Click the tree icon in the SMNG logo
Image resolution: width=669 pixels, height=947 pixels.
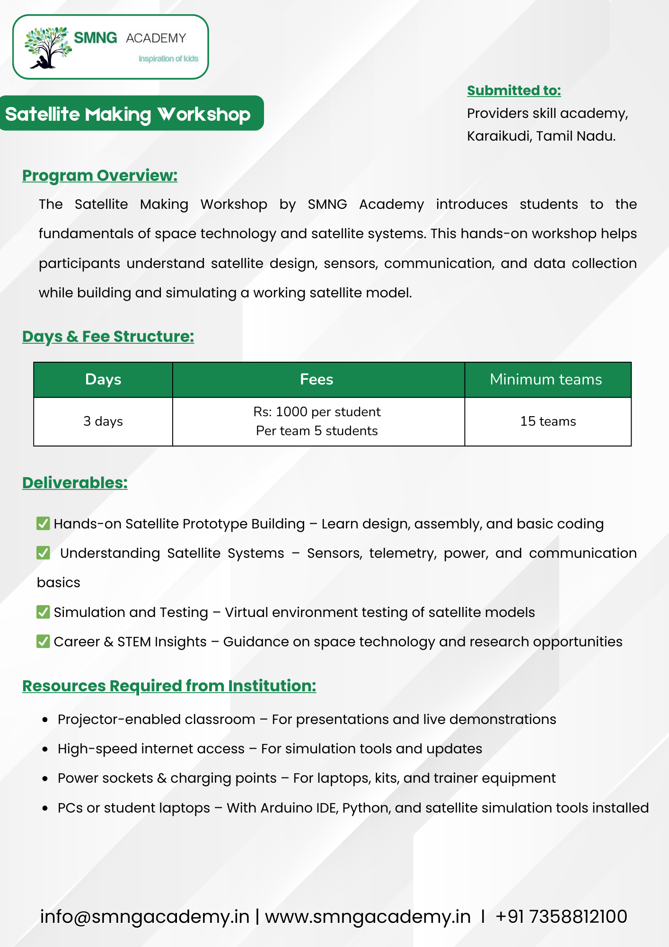pos(47,47)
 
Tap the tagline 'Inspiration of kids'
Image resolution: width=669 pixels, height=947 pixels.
pos(168,59)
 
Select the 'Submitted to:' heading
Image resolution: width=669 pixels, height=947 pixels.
pos(514,90)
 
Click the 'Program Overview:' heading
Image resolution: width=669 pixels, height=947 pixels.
pos(100,176)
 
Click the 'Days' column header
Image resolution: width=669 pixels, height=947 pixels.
pos(103,379)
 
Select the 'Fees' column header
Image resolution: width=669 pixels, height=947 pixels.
pos(317,379)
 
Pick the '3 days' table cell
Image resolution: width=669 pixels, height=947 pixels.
pos(103,421)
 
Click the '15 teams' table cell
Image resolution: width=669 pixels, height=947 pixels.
pos(548,421)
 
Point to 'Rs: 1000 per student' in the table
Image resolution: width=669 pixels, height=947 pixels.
pos(317,412)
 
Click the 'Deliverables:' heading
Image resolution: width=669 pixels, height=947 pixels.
pos(75,483)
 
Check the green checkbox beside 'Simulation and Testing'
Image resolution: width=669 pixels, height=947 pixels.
pos(43,612)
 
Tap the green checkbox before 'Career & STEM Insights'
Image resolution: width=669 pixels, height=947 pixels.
pos(43,641)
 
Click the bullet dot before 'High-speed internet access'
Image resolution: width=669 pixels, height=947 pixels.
pos(45,749)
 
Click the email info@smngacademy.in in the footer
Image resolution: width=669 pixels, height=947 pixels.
pos(144,917)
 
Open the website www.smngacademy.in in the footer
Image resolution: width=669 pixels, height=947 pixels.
pos(368,917)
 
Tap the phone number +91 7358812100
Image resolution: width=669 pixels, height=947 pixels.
pos(561,917)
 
